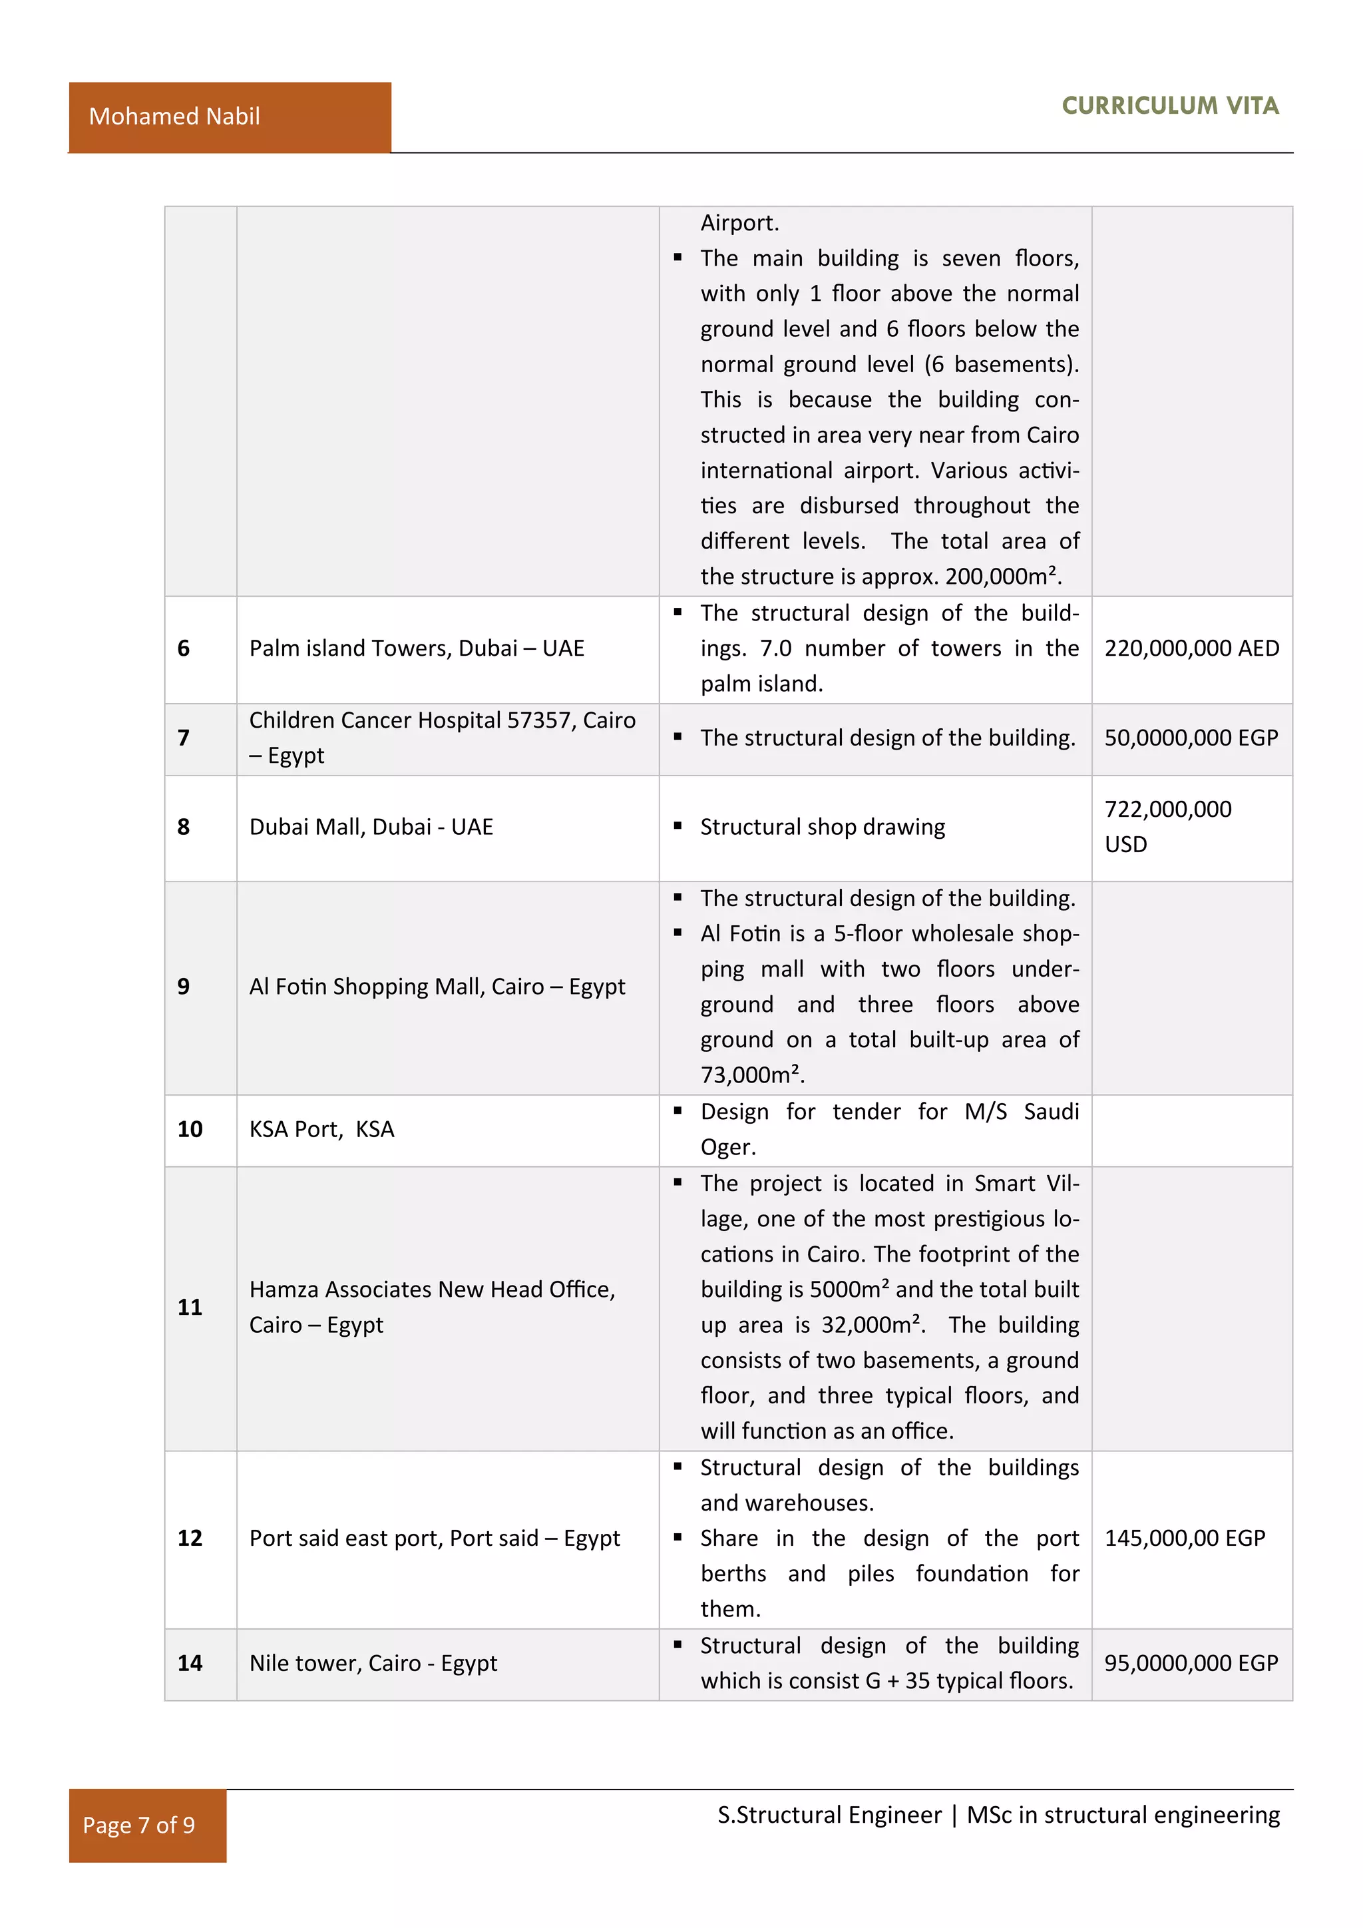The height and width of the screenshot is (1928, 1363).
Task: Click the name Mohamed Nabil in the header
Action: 174,116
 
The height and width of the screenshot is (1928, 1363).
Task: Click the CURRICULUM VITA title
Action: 1169,106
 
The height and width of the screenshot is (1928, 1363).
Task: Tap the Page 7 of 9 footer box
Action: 139,1825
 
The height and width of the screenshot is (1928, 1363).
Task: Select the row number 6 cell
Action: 184,648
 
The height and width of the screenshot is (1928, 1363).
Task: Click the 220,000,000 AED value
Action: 1191,648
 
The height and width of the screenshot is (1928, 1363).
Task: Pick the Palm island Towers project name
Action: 416,648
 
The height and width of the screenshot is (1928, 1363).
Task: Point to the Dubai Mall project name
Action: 371,827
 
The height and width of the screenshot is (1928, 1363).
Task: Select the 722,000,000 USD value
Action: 1167,826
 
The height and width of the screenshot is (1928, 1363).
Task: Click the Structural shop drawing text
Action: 823,827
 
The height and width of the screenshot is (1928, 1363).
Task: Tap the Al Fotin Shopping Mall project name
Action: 437,987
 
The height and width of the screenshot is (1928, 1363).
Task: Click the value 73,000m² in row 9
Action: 752,1075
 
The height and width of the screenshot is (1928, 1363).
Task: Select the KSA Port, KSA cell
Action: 321,1129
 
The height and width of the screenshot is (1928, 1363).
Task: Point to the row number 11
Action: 190,1308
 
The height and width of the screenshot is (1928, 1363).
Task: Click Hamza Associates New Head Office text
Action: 432,1290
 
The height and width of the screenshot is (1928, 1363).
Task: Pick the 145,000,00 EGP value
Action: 1184,1539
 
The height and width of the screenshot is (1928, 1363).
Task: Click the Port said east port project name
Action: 434,1539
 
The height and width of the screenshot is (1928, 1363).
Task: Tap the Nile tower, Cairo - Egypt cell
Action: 373,1664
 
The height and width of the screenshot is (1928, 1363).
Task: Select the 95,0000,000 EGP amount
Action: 1190,1664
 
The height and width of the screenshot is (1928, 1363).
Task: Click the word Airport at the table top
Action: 739,224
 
